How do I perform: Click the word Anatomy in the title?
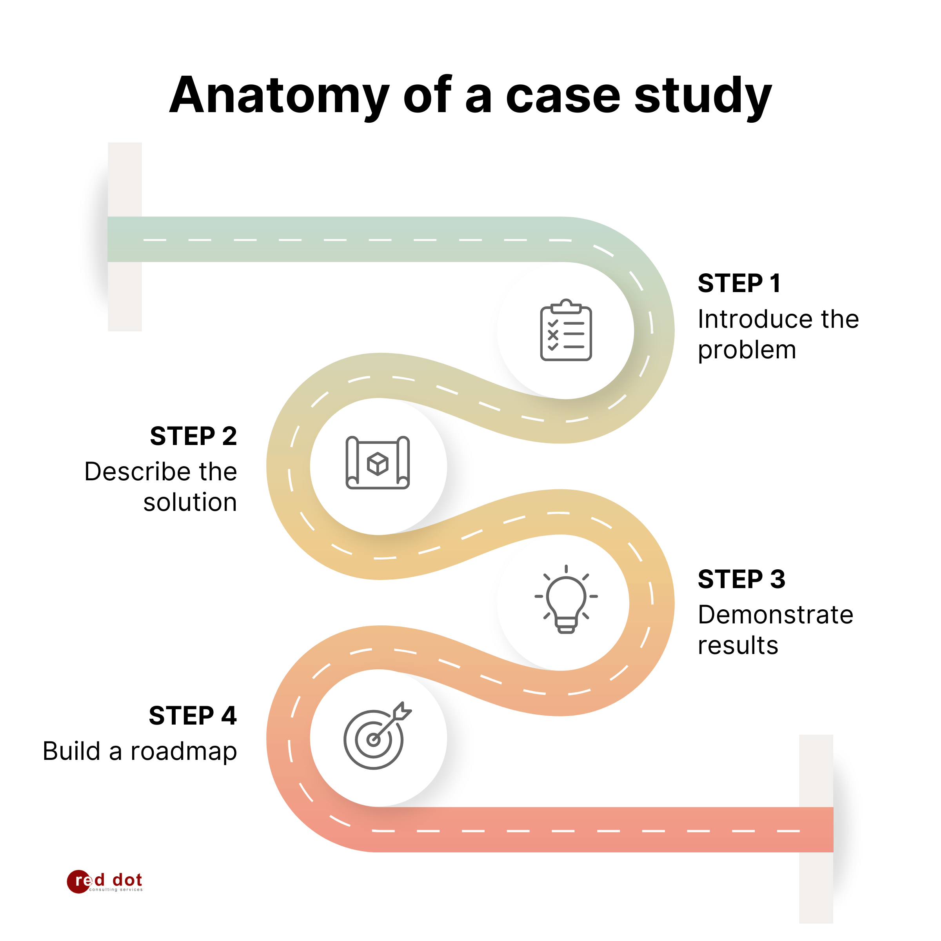(x=279, y=96)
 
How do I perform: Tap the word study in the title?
(x=703, y=96)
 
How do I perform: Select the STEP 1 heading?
(x=739, y=283)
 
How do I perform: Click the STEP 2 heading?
(x=193, y=436)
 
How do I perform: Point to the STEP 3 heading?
(x=741, y=579)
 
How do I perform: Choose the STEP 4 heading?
(x=193, y=716)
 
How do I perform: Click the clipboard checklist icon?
(x=566, y=330)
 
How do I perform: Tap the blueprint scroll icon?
(x=378, y=463)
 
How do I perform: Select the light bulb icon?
(x=566, y=599)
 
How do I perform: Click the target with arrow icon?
(x=376, y=736)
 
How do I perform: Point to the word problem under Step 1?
(x=747, y=350)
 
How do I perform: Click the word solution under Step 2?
(x=190, y=502)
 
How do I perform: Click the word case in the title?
(x=563, y=96)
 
